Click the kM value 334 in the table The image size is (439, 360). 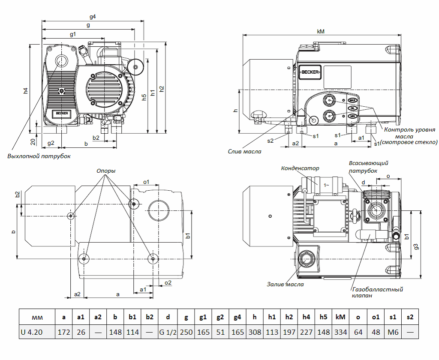click(x=341, y=332)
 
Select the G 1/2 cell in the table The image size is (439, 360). click(x=168, y=332)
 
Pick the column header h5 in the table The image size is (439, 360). click(x=323, y=318)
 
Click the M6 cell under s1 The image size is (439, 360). click(x=393, y=332)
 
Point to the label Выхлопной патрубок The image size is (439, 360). click(x=39, y=156)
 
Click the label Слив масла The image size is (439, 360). click(x=244, y=151)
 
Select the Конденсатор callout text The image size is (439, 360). click(x=300, y=168)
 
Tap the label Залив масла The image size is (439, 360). click(x=285, y=284)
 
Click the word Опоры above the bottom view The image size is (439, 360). click(x=106, y=170)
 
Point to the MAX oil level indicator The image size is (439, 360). click(x=352, y=100)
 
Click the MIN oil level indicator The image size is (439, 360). click(x=352, y=116)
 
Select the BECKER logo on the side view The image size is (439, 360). click(x=310, y=72)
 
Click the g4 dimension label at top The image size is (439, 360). click(x=92, y=17)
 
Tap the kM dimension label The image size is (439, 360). click(x=320, y=31)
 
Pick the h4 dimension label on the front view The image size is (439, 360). click(x=26, y=90)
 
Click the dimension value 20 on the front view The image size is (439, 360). click(x=33, y=141)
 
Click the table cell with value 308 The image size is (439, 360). click(x=254, y=332)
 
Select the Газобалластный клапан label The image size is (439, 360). click(x=377, y=292)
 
